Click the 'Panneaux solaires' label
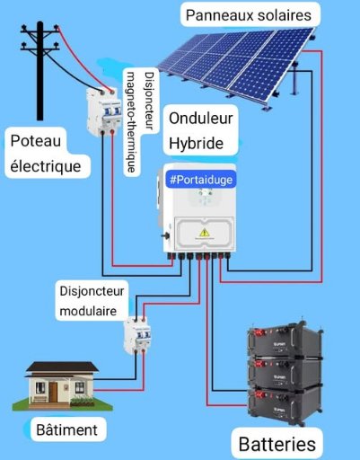(x=249, y=15)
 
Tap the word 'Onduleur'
(x=201, y=119)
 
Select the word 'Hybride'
(x=196, y=143)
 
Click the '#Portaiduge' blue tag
(x=201, y=180)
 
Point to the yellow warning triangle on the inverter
(x=205, y=232)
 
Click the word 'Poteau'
(x=36, y=141)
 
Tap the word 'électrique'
(x=46, y=166)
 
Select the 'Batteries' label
(x=277, y=444)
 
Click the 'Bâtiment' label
(x=66, y=429)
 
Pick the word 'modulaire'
(x=88, y=311)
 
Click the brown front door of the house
(x=53, y=393)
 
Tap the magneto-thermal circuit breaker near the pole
(x=103, y=111)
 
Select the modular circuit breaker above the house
(x=137, y=335)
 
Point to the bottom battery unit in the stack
(x=284, y=404)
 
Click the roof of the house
(x=62, y=367)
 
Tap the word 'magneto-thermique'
(x=131, y=122)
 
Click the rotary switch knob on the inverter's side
(x=165, y=235)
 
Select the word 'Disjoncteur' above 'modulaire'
(x=92, y=291)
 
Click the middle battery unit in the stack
(x=285, y=372)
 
